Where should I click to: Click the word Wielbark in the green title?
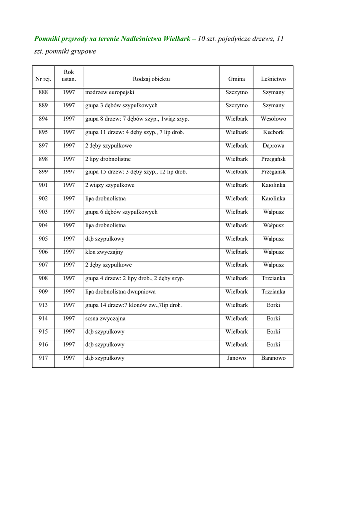pos(177,39)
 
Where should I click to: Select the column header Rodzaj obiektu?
pos(151,79)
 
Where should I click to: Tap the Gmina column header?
pos(236,79)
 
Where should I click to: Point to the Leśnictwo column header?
pos(273,79)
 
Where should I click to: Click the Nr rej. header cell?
pos(43,79)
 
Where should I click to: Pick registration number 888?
pos(43,92)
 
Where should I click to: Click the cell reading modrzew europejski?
pos(109,92)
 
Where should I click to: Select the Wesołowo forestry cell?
pos(273,119)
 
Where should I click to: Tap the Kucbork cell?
pos(273,132)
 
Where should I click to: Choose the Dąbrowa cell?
pos(273,146)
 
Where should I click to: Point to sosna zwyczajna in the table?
pos(105,318)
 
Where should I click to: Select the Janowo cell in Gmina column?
pos(236,358)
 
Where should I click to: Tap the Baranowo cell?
pos(273,358)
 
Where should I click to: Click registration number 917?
pos(43,358)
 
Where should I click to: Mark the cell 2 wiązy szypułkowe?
pos(109,185)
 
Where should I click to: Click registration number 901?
pos(43,185)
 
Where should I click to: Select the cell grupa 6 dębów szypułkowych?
pos(121,212)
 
